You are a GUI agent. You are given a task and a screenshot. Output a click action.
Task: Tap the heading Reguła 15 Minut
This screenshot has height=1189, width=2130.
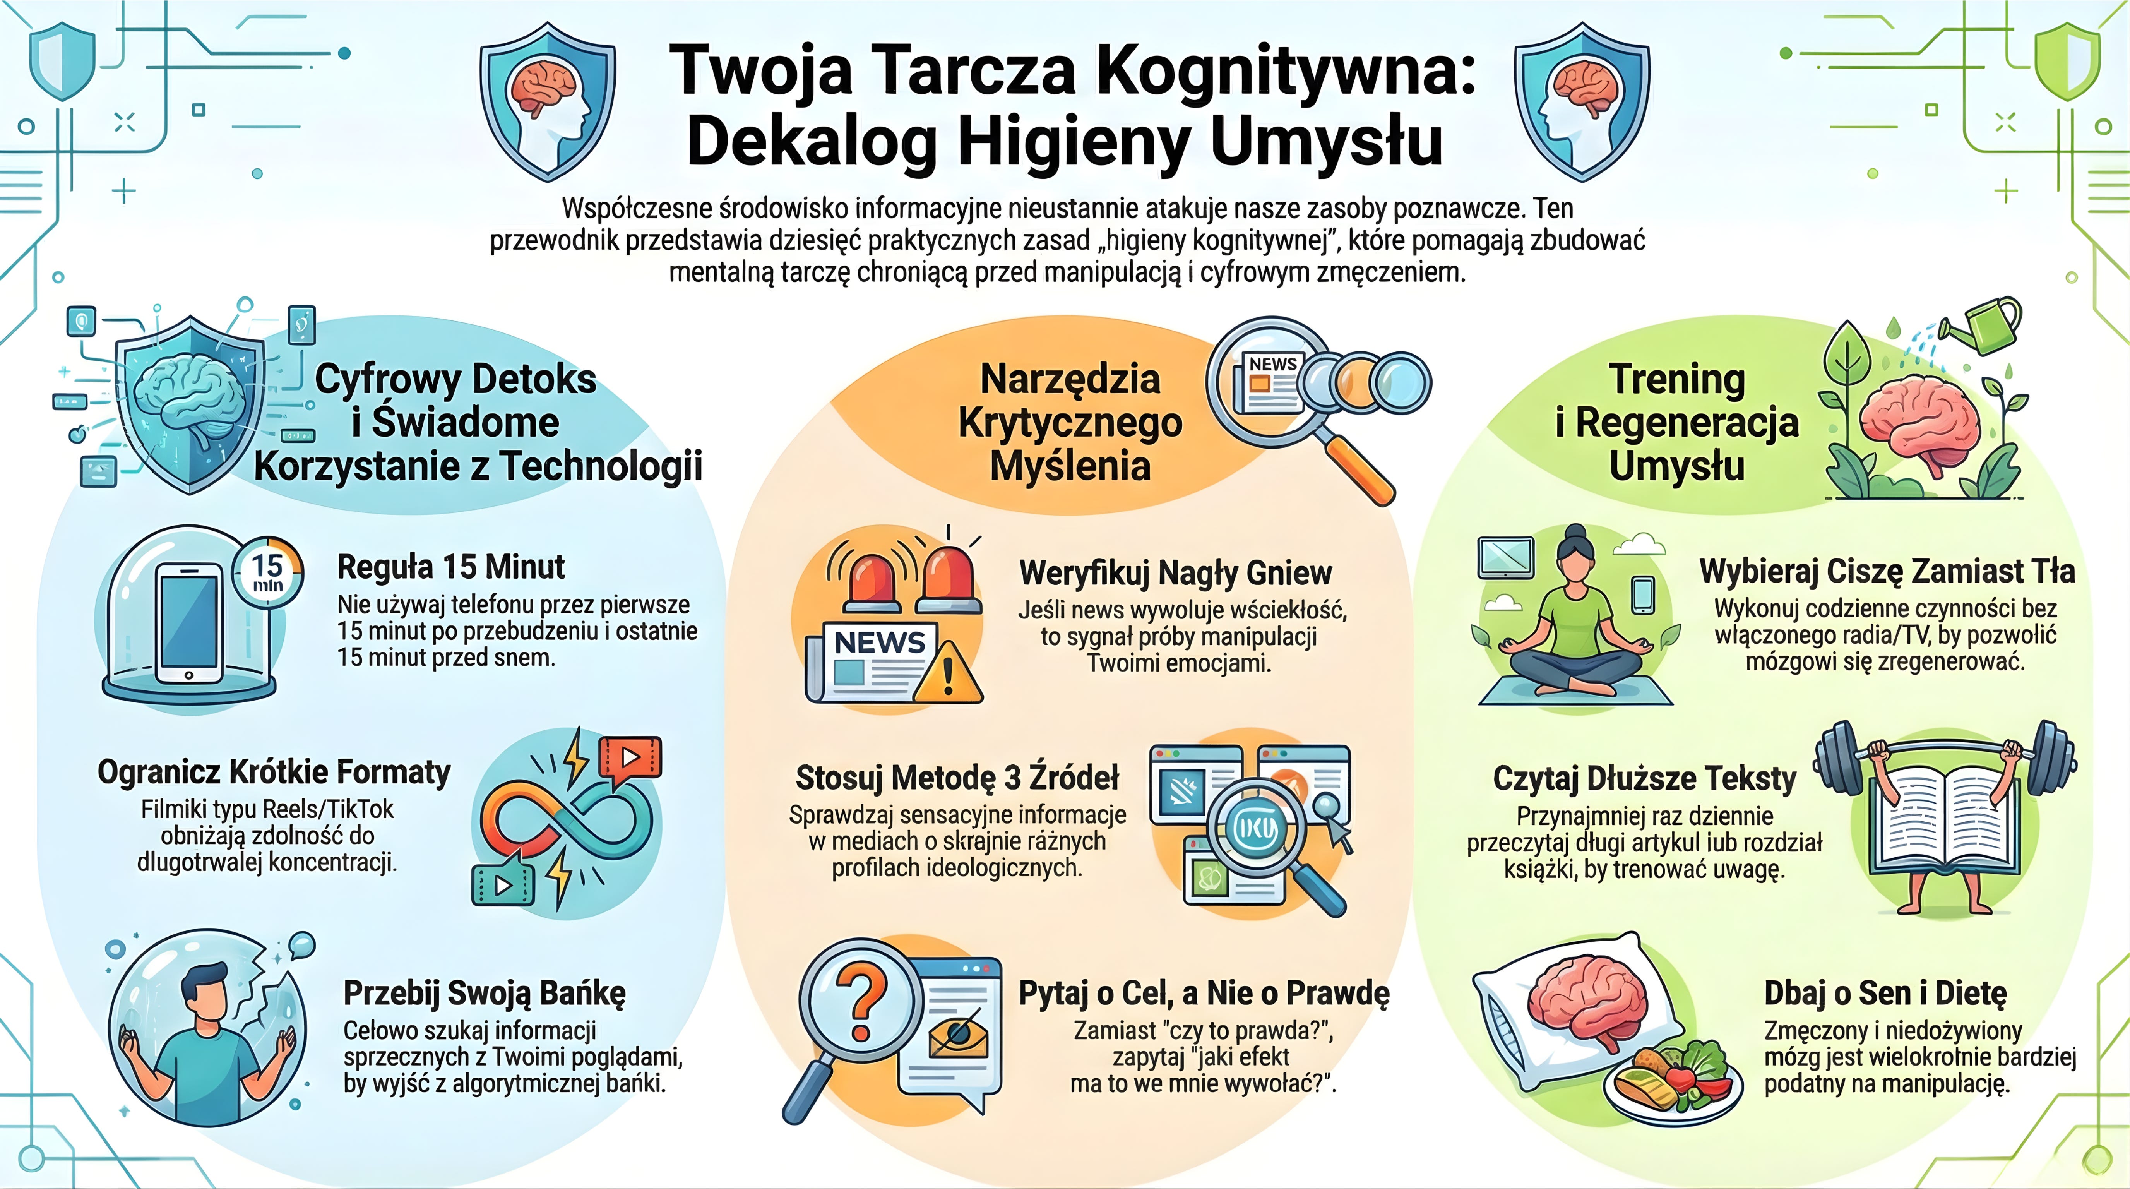click(x=450, y=567)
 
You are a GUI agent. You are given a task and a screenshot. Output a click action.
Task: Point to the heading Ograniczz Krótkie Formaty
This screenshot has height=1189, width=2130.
click(x=274, y=772)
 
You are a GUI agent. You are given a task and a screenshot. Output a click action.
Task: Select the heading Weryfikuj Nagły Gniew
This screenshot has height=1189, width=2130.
click(x=1175, y=572)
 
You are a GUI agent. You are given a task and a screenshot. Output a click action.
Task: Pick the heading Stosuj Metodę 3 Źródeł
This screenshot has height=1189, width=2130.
click(x=957, y=778)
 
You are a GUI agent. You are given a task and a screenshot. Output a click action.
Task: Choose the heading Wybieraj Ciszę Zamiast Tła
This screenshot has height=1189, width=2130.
click(x=1887, y=571)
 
